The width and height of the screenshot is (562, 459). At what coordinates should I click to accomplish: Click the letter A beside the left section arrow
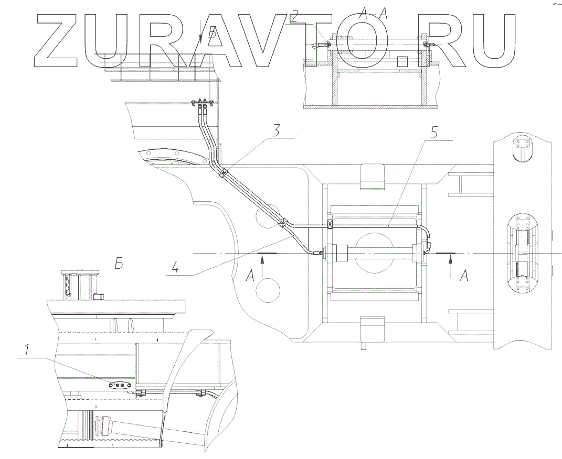coord(250,275)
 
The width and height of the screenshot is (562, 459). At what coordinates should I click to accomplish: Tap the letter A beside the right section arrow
coord(463,275)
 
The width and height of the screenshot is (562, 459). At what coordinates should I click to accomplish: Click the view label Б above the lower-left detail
coord(120,263)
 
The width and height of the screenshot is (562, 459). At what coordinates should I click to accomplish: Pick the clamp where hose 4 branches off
coord(284,224)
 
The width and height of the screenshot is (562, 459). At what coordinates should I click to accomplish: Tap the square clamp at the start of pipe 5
coord(330,225)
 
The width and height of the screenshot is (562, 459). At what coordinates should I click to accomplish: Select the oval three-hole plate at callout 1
coord(118,385)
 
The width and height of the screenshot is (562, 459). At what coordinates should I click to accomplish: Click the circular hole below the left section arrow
coord(269,289)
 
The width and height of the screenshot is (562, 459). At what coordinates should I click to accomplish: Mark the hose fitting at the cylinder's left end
coord(317,253)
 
